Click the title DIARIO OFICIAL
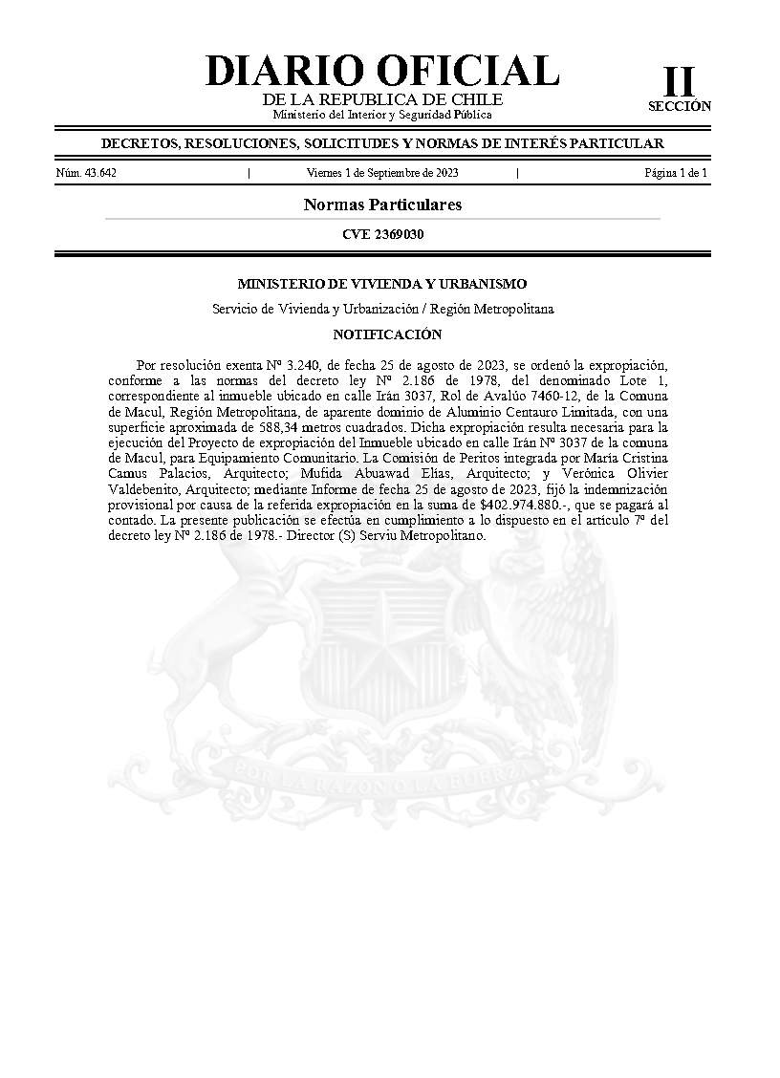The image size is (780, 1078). tap(382, 72)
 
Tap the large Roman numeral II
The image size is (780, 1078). tap(680, 82)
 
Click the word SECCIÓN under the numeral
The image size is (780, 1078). tap(680, 107)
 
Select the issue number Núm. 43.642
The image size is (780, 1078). tap(87, 173)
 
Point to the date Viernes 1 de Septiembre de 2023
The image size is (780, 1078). tap(382, 173)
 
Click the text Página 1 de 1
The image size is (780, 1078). tap(676, 173)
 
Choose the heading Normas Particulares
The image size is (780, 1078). tap(382, 205)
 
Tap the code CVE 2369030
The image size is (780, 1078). tap(382, 234)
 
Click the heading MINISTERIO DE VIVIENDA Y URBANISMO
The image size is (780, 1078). tap(382, 284)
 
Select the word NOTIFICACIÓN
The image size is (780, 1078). tap(387, 334)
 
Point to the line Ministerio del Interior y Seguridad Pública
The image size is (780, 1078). tap(382, 115)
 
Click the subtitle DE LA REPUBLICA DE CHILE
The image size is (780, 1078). tap(382, 100)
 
